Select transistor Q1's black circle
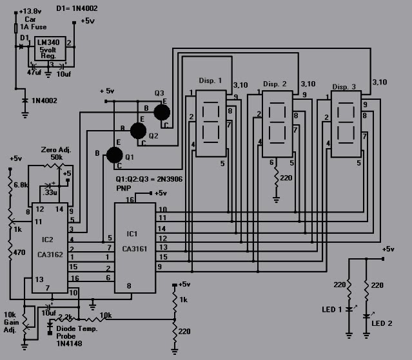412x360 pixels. pyautogui.click(x=113, y=155)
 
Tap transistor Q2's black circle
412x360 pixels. pyautogui.click(x=138, y=131)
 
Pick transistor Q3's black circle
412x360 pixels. pyautogui.click(x=162, y=112)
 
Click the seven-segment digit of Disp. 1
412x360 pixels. pyautogui.click(x=211, y=122)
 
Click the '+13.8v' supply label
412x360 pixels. pyautogui.click(x=31, y=12)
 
